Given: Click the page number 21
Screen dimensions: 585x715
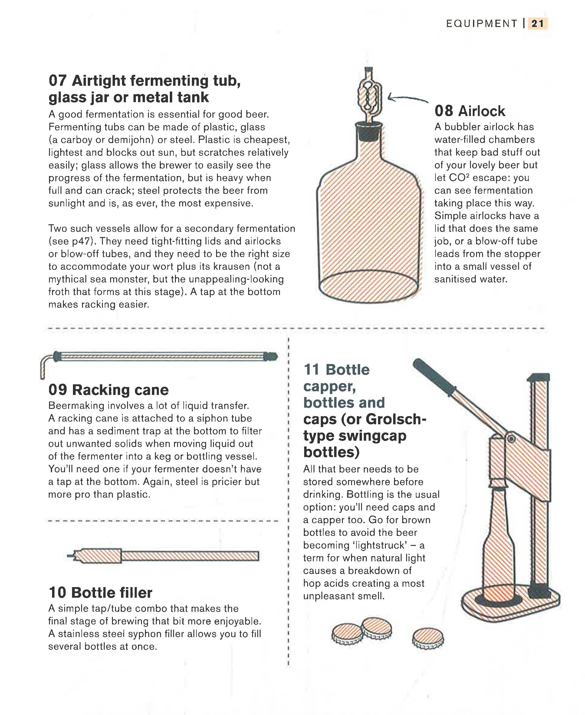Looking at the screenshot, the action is coord(537,24).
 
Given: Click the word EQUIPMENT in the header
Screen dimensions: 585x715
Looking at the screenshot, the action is coord(481,24).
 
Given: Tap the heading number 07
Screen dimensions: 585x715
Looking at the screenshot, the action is coord(58,81).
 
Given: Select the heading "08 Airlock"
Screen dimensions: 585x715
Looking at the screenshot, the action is coord(470,111).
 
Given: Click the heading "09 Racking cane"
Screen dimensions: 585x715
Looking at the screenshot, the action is coord(109,390).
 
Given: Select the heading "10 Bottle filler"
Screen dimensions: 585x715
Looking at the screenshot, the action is coord(100,593).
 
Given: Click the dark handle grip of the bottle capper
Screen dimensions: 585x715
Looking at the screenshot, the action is coord(433,376).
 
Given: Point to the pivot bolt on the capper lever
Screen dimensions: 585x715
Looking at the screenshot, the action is coord(511,439).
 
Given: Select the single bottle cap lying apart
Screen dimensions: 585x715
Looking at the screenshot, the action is coord(428,638).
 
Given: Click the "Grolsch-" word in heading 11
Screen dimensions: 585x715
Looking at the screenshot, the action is coord(396,419).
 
